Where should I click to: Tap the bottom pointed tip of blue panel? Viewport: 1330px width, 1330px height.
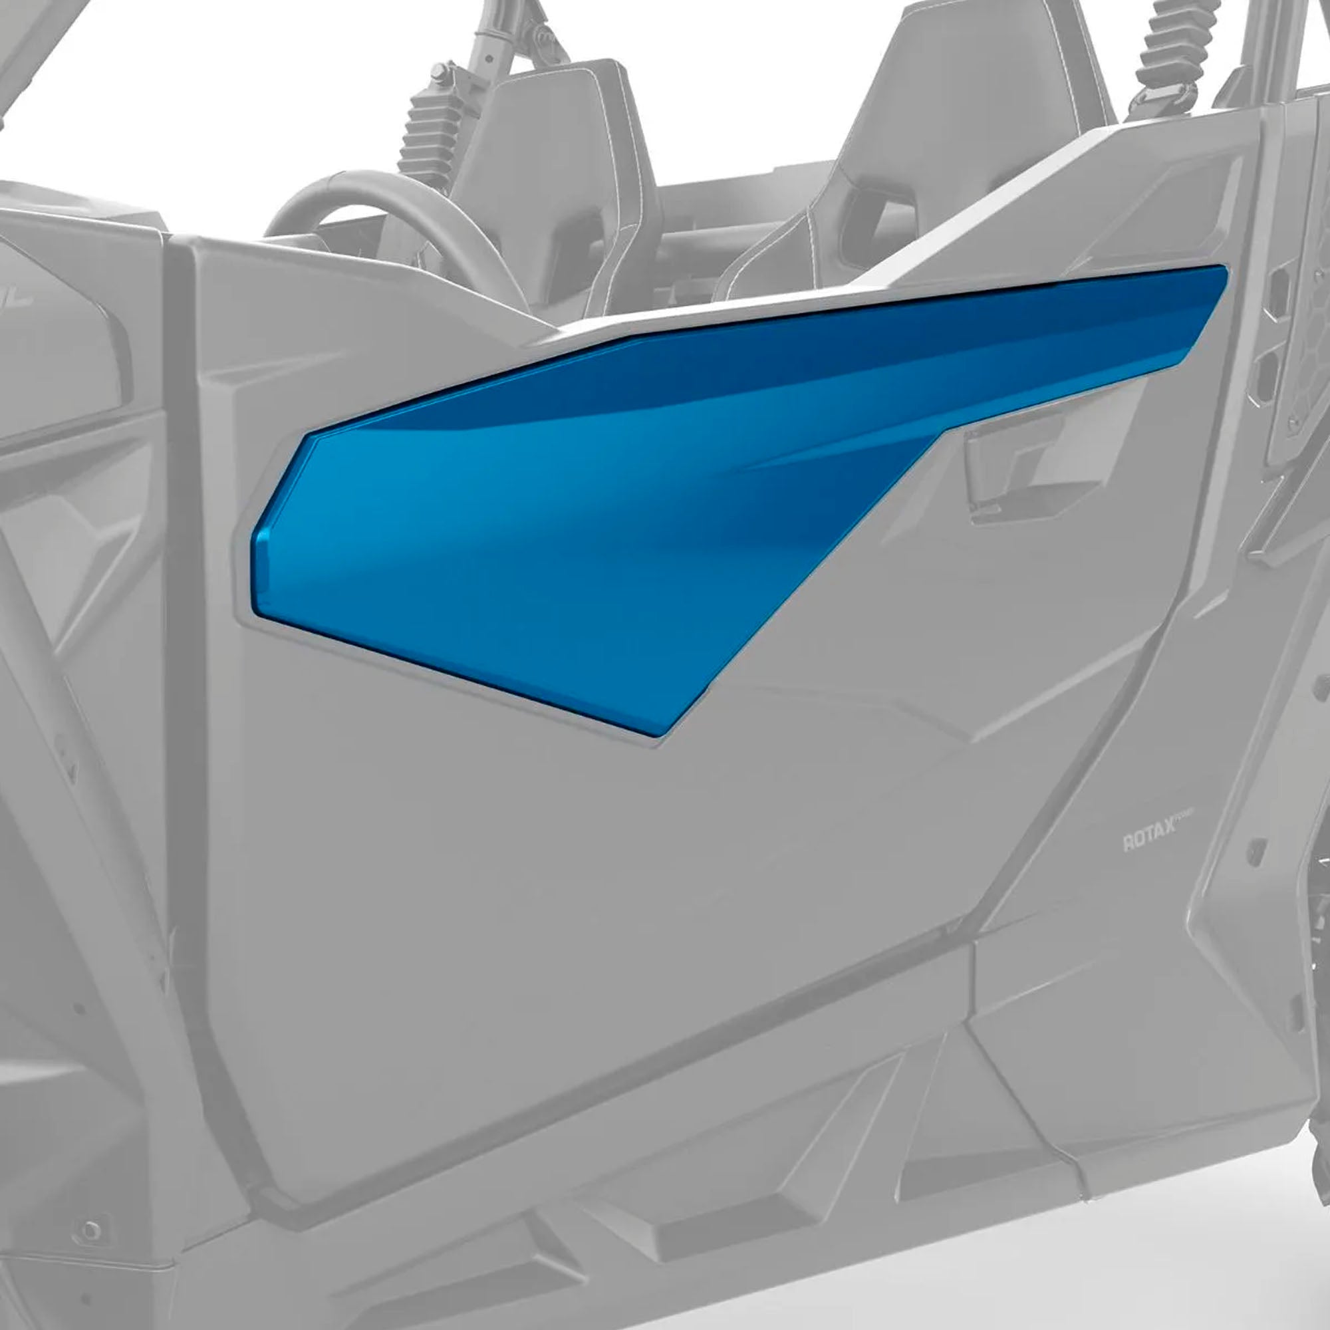[x=658, y=733]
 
